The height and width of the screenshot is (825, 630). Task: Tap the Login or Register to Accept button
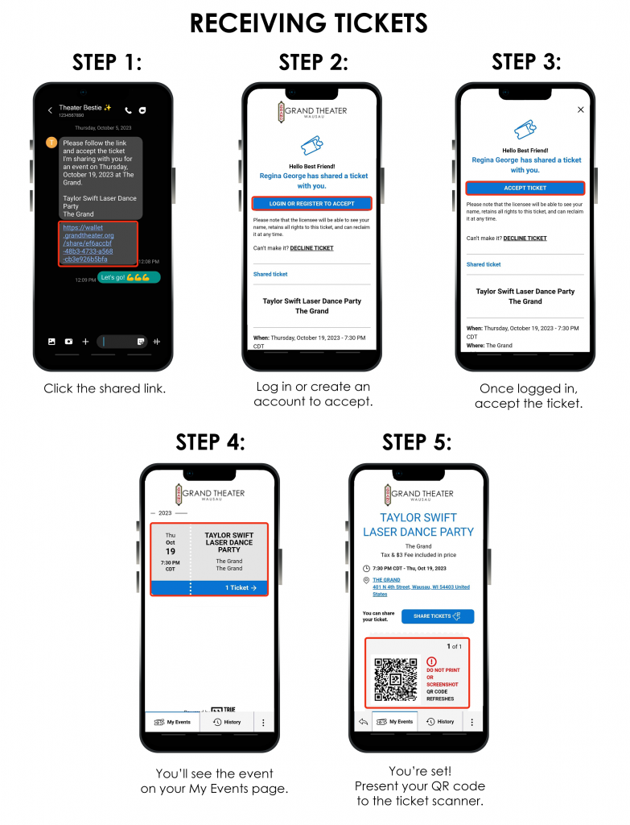click(x=311, y=204)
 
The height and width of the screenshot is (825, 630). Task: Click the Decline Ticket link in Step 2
click(x=311, y=248)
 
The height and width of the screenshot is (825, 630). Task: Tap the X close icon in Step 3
click(x=581, y=110)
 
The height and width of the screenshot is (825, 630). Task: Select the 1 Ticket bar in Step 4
click(x=208, y=588)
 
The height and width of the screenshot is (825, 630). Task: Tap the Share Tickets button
click(x=437, y=616)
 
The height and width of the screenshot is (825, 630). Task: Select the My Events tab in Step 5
click(x=396, y=722)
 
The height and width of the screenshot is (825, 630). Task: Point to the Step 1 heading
click(x=107, y=62)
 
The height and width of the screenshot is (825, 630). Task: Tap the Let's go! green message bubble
click(x=129, y=278)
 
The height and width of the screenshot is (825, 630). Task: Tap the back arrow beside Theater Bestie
click(x=50, y=110)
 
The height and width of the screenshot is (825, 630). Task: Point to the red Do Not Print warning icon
click(x=431, y=661)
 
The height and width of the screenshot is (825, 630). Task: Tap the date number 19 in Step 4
click(x=171, y=551)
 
